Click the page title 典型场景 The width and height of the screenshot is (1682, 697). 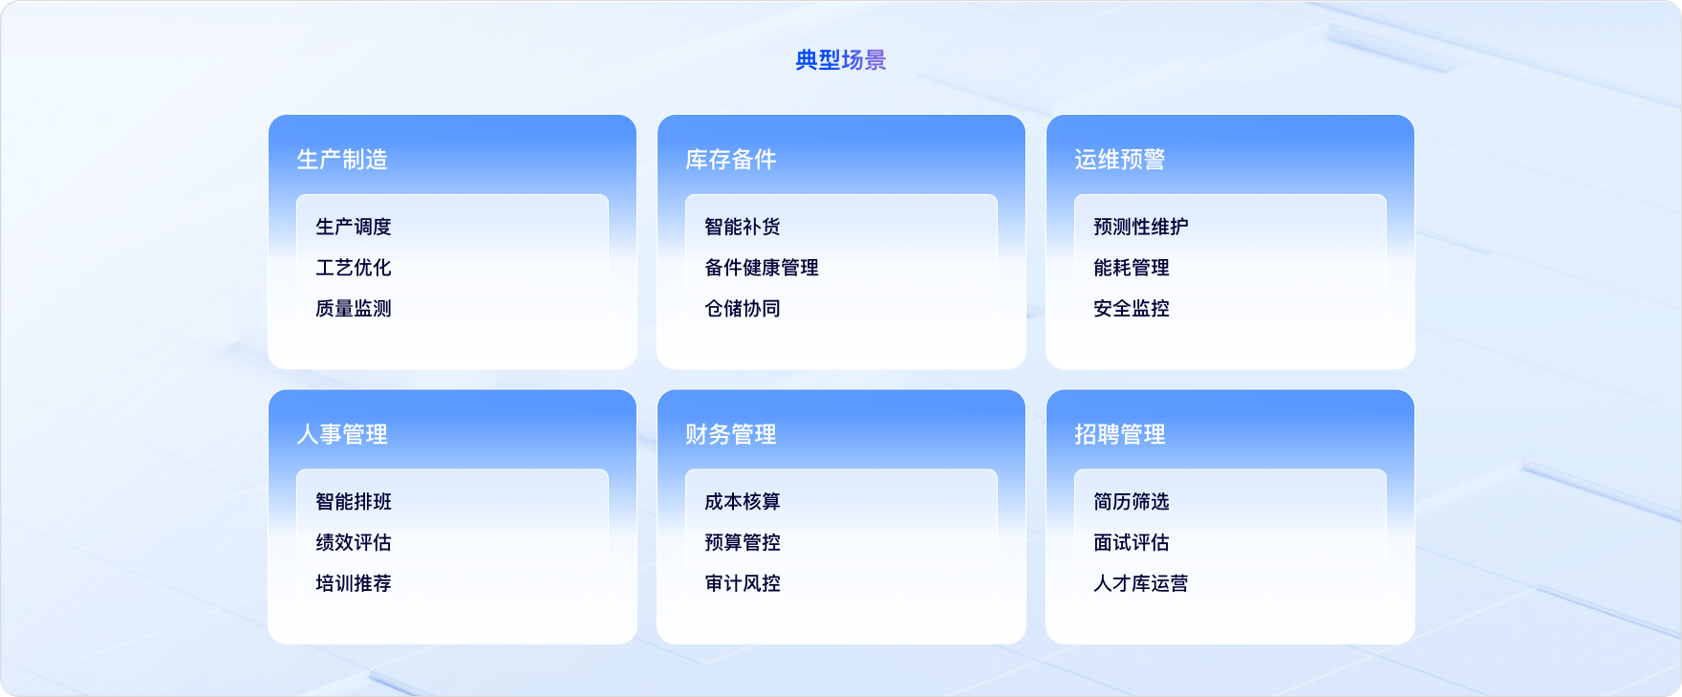(841, 60)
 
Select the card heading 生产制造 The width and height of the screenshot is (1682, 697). (342, 160)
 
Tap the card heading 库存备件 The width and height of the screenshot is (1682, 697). (731, 160)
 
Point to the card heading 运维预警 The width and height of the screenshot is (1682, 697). (1120, 160)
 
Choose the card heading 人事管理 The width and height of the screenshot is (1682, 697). (342, 434)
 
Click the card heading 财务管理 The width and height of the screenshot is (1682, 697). (731, 434)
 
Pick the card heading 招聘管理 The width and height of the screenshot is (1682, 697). (1120, 434)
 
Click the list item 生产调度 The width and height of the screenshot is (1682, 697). (354, 227)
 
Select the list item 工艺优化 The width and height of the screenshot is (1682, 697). (354, 268)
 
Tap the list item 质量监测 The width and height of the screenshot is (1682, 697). (354, 309)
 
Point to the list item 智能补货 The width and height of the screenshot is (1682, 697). (743, 227)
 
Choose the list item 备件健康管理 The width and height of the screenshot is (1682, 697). (762, 268)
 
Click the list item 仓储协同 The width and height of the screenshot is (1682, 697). (743, 309)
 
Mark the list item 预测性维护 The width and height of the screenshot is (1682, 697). (1141, 227)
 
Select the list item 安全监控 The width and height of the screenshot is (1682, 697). (1132, 309)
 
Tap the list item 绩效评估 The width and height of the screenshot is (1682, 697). (354, 542)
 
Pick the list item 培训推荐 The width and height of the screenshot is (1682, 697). (354, 583)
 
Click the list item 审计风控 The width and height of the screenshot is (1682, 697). (743, 583)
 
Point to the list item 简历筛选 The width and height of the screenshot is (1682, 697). (1132, 502)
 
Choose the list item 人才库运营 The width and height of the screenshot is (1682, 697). (1141, 583)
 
